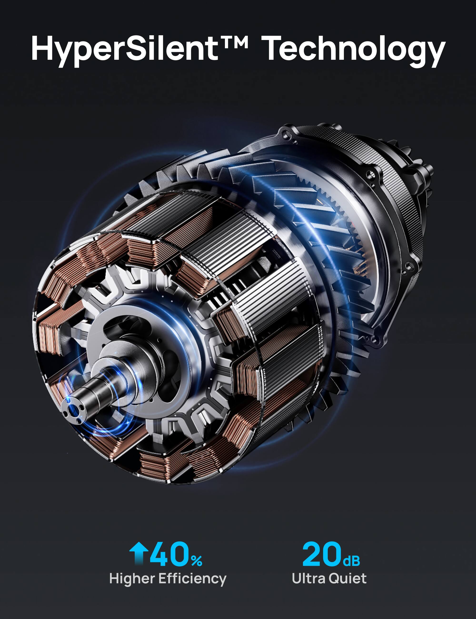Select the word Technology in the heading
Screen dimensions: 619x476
(x=354, y=50)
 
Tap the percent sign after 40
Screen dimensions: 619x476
(x=197, y=561)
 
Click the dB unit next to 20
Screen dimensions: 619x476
(x=351, y=561)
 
